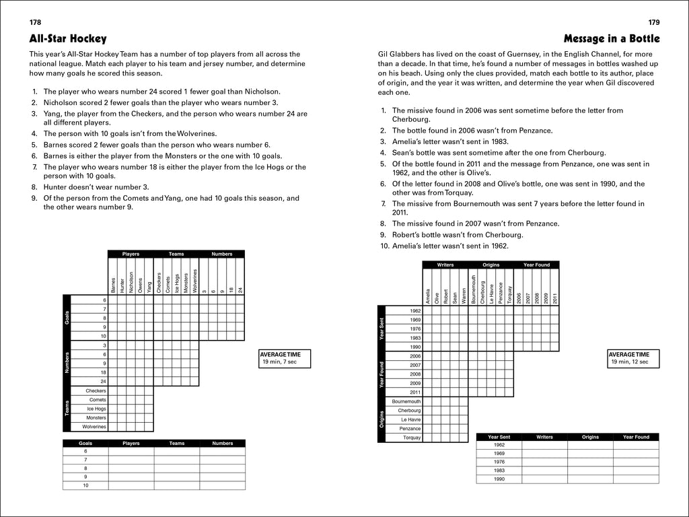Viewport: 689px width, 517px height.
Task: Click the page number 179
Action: tap(653, 22)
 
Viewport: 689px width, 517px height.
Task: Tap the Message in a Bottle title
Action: tap(611, 38)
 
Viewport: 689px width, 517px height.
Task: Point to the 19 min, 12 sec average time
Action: tap(629, 361)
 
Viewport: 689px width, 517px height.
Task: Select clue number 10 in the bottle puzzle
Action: tap(383, 246)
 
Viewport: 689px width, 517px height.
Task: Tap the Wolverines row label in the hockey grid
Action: tap(94, 427)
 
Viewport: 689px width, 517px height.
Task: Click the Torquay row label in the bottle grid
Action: tap(411, 438)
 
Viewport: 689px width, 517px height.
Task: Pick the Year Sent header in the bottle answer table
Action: tap(499, 437)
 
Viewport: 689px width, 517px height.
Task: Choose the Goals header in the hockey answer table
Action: tap(85, 444)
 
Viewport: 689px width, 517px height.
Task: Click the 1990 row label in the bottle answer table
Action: tap(499, 479)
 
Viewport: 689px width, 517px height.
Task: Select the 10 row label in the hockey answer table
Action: tap(85, 485)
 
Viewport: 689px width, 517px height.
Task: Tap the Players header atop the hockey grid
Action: tap(131, 254)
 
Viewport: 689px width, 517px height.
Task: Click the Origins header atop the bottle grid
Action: tap(491, 265)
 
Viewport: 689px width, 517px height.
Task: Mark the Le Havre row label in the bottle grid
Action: tap(410, 419)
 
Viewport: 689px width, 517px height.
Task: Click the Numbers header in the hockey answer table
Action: tap(221, 444)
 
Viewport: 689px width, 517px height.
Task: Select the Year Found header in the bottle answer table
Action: tap(636, 437)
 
